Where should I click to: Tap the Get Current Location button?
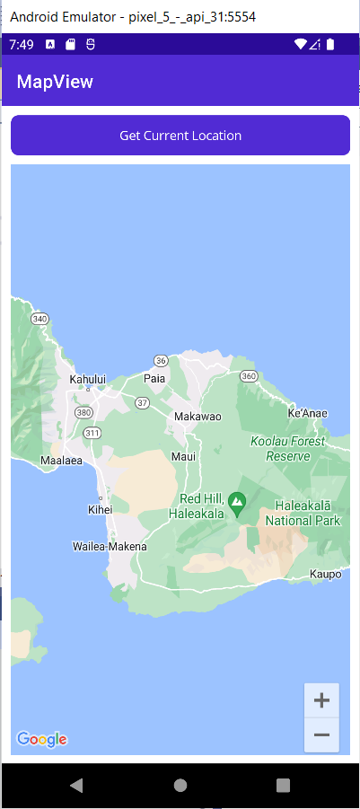tap(180, 136)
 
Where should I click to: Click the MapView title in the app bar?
tap(55, 83)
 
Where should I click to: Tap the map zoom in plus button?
tap(321, 700)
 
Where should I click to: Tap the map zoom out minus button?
tap(321, 735)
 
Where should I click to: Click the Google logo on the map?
tap(41, 739)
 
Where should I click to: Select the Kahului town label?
tap(88, 380)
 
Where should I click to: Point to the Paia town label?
tap(154, 379)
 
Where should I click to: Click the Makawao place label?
tap(197, 417)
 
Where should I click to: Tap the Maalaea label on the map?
tap(62, 461)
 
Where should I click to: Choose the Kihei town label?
tap(101, 509)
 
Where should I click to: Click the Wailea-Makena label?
tap(110, 546)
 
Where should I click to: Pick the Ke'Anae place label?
tap(307, 413)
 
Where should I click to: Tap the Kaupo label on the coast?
tap(325, 574)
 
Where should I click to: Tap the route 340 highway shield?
tap(40, 319)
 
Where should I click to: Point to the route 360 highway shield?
tap(249, 375)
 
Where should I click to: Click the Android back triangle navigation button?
tap(76, 785)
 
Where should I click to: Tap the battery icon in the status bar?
tap(330, 44)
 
